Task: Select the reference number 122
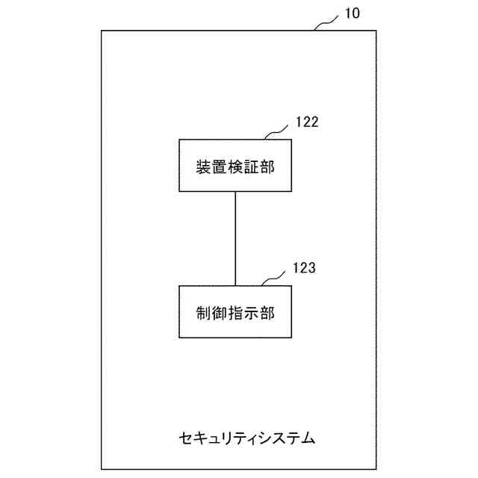[307, 122]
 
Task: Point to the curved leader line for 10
[326, 24]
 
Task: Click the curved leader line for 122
[279, 132]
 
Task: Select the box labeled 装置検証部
[235, 165]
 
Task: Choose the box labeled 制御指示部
[235, 311]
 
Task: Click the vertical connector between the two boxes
[235, 238]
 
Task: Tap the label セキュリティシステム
[247, 437]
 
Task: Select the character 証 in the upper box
[251, 166]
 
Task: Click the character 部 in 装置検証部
[267, 166]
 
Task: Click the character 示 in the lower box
[251, 312]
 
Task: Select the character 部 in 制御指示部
[267, 312]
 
